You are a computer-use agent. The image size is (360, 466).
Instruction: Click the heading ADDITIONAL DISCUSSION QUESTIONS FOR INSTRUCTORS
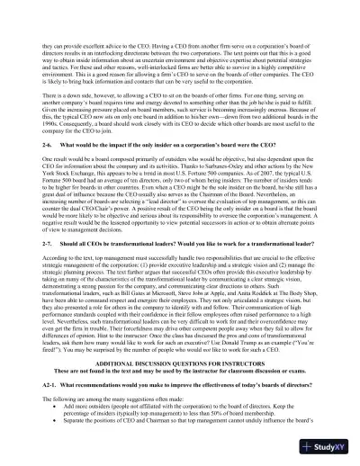[x=180, y=387]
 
